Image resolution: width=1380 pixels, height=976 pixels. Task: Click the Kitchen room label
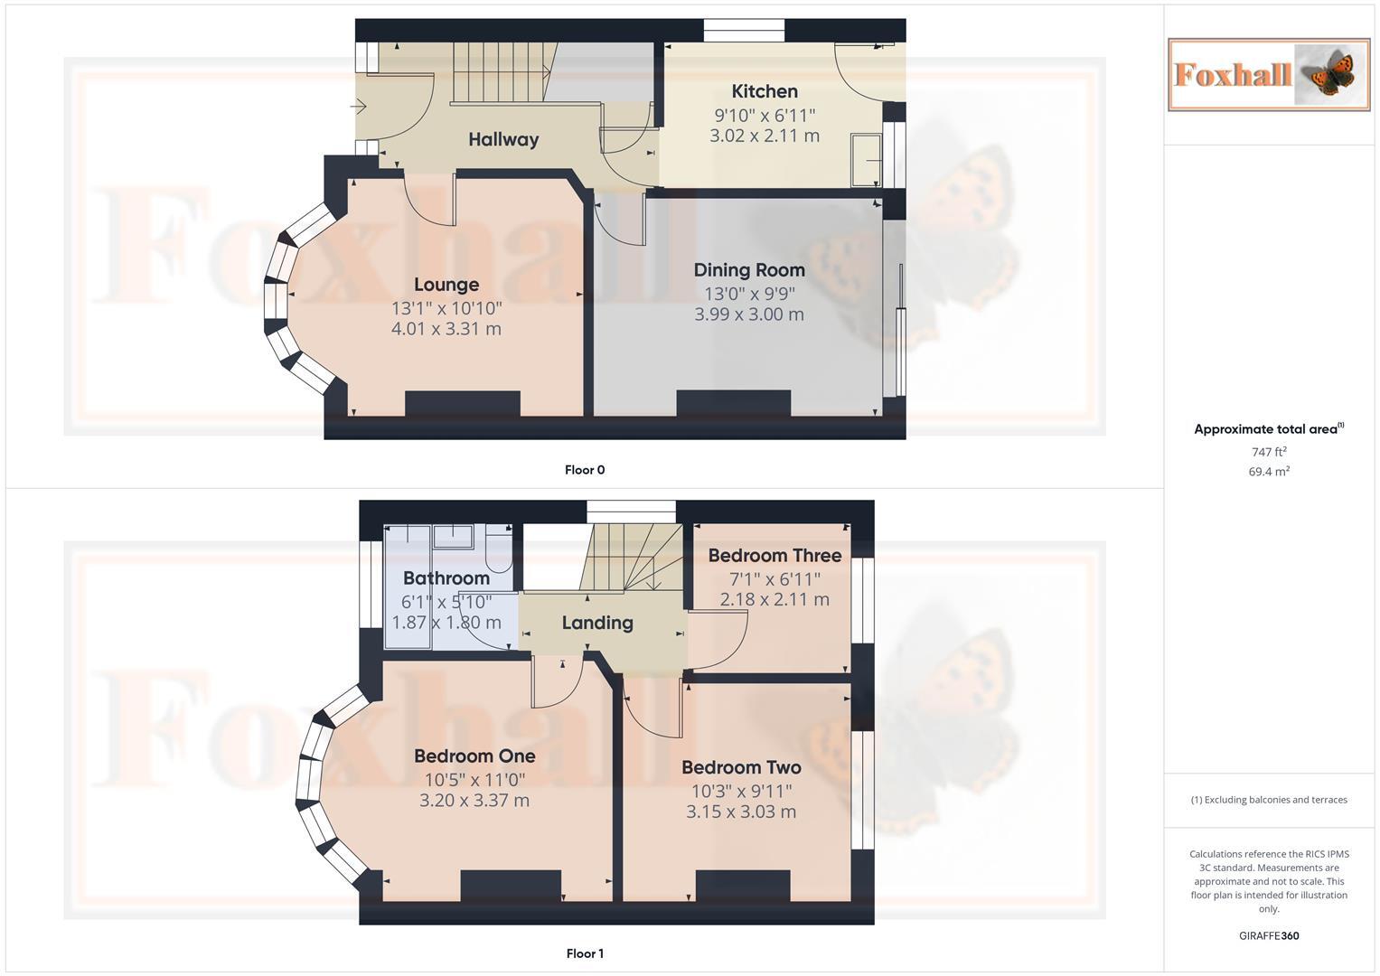pos(765,91)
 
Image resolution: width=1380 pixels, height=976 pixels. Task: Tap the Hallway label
pos(503,139)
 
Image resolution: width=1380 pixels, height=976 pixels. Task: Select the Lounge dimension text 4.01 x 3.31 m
pos(446,329)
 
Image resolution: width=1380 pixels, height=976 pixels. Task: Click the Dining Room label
pos(749,269)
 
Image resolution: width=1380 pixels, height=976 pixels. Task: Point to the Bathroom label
pos(446,578)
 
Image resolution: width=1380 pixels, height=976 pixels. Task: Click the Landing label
pos(597,623)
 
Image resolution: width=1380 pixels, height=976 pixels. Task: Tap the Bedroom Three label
pos(774,556)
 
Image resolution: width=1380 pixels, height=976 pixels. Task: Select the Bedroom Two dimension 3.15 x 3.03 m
pos(741,812)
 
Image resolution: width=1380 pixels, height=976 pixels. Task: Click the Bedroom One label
pos(474,755)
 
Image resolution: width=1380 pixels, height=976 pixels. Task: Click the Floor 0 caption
pos(585,470)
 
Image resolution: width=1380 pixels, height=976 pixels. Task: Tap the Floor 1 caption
pos(585,953)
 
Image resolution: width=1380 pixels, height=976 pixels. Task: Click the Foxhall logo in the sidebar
pos(1269,74)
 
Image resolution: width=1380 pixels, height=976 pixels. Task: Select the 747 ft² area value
pos(1269,452)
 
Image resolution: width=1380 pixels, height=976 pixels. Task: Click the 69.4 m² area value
pos(1269,472)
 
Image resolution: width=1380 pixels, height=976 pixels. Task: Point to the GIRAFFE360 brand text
pos(1269,936)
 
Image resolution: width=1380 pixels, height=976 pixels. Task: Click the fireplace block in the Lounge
pos(462,403)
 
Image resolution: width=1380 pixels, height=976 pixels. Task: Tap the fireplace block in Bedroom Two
pos(743,886)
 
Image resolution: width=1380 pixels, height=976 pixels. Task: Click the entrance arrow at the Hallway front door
pos(358,108)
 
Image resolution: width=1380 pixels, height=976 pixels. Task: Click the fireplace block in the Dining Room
pos(734,403)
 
